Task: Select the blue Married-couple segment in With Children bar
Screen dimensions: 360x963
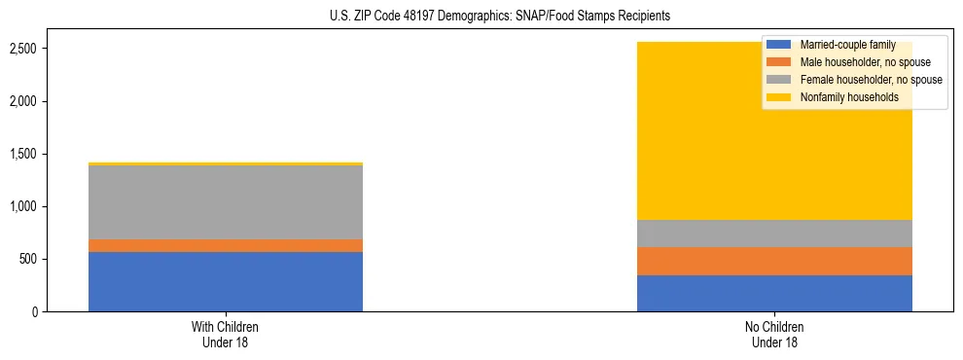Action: pyautogui.click(x=226, y=282)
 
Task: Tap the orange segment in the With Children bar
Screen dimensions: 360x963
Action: pyautogui.click(x=226, y=245)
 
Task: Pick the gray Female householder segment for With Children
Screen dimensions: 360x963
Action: pyautogui.click(x=226, y=202)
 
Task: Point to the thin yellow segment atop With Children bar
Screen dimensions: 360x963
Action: pyautogui.click(x=226, y=163)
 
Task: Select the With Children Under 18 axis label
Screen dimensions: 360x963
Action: pyautogui.click(x=226, y=335)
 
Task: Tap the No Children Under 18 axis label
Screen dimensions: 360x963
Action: pyautogui.click(x=774, y=335)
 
